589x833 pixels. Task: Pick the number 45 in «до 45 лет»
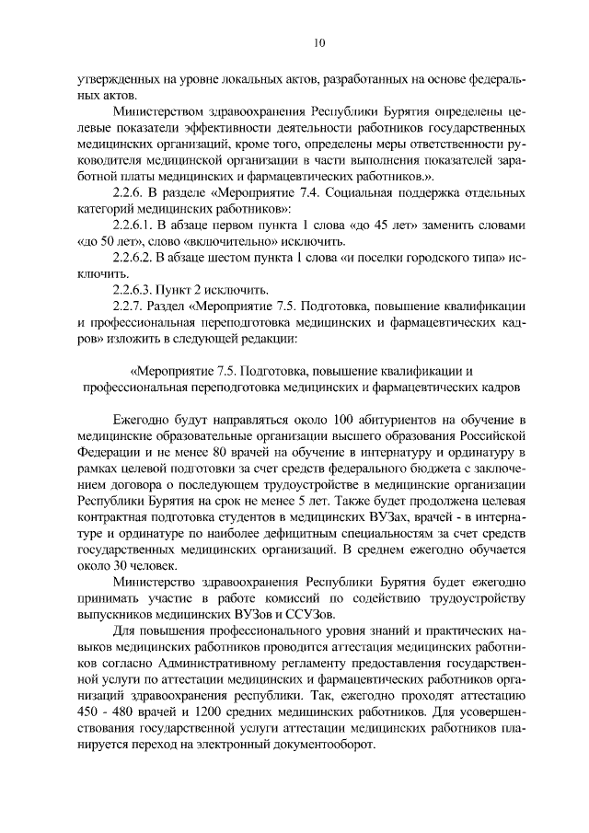coord(391,225)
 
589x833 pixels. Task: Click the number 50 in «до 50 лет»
coord(105,241)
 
